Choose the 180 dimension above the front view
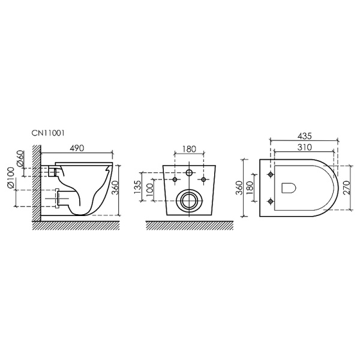click(188, 149)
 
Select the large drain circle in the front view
click(188, 199)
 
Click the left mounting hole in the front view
click(175, 180)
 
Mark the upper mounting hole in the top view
click(271, 175)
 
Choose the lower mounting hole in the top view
click(271, 200)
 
